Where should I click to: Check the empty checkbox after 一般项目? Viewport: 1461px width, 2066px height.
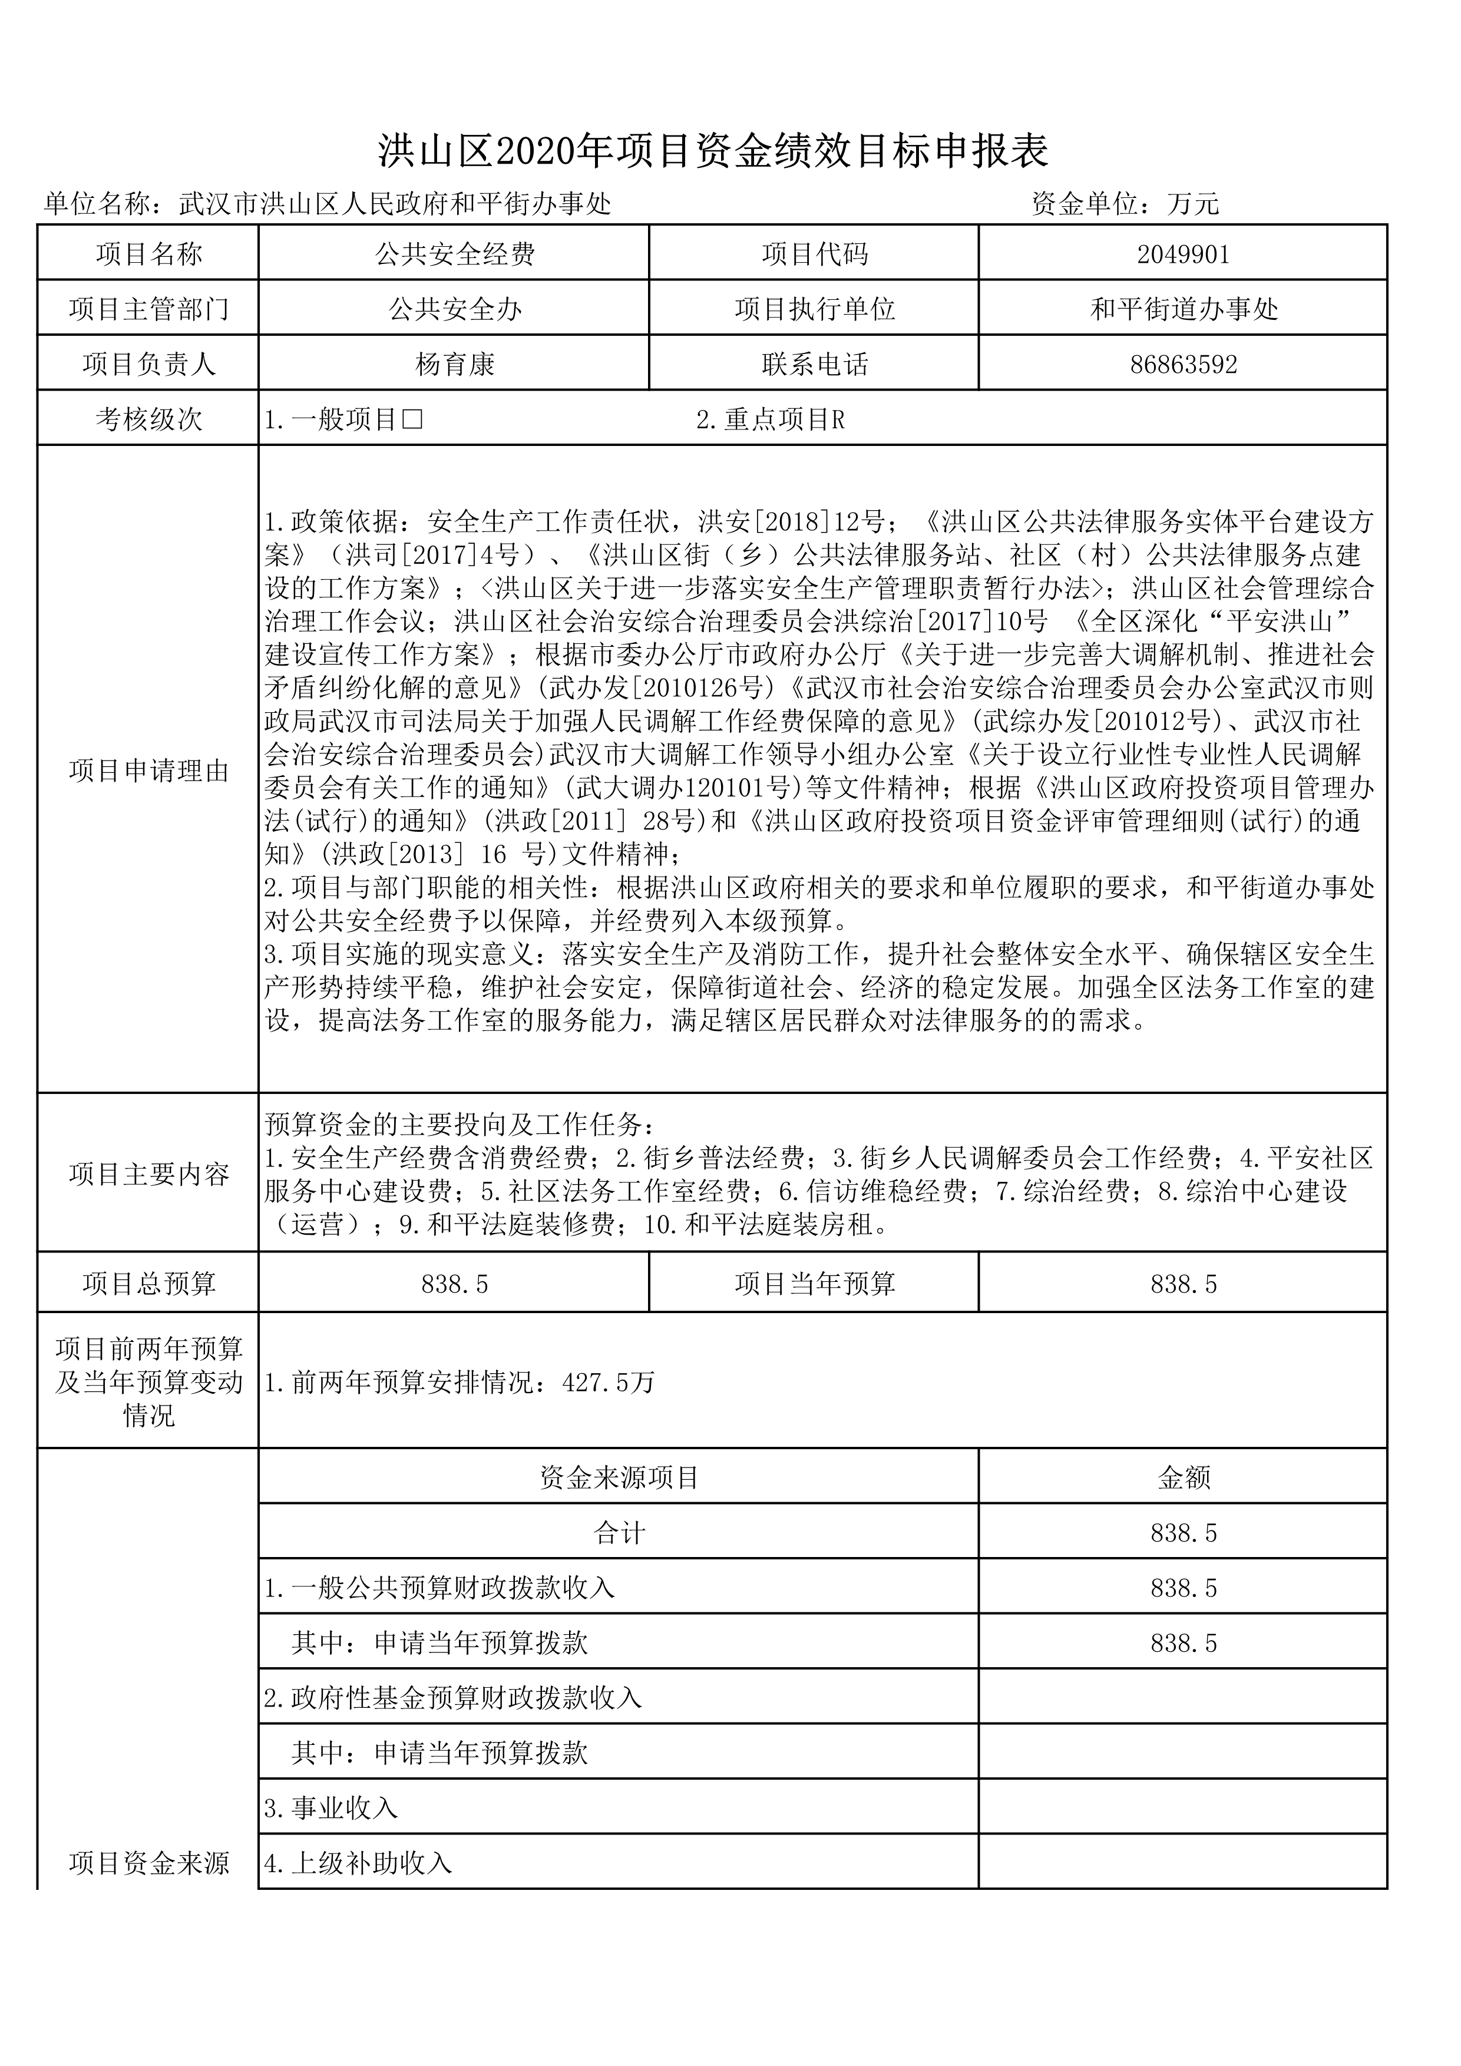(413, 419)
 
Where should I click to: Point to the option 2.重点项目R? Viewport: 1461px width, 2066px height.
(770, 419)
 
